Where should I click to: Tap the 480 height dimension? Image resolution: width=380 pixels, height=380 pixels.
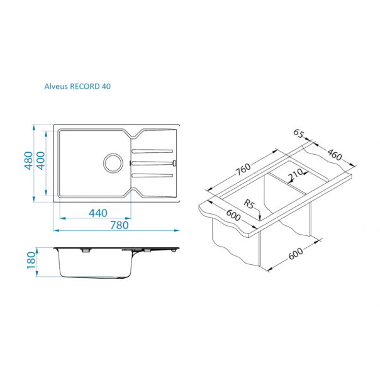pos(28,162)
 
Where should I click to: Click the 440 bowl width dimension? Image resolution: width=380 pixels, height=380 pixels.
pos(98,213)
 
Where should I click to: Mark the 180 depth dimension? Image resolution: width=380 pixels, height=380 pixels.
pos(29,260)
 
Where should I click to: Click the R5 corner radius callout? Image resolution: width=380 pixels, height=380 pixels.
pos(249,204)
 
